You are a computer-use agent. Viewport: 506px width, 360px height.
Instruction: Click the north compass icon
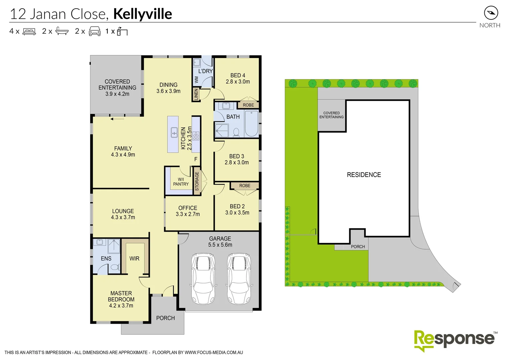(491, 13)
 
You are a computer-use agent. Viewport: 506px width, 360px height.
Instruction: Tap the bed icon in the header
(29, 32)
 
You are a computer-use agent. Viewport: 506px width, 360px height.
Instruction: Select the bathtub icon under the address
(62, 31)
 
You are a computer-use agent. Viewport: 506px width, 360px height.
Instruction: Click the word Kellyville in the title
(142, 14)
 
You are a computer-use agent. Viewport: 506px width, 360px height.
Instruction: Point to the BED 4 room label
(237, 75)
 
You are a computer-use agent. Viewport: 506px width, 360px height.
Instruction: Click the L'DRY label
(205, 71)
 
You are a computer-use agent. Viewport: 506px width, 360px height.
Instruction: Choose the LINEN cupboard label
(196, 94)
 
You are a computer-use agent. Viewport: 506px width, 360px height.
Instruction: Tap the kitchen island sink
(174, 132)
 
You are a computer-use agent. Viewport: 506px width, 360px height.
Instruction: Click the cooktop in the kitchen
(196, 136)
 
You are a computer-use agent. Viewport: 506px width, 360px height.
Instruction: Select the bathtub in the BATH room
(251, 123)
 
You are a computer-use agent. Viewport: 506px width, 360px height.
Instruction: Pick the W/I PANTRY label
(181, 182)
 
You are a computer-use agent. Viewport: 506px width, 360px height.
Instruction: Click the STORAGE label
(197, 181)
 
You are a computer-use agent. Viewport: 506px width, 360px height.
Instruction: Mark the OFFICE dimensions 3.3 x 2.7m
(188, 214)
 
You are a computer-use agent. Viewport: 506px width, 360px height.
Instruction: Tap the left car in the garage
(203, 278)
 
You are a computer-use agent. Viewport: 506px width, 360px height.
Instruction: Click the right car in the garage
(238, 278)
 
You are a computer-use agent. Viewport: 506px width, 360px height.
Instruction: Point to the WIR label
(134, 258)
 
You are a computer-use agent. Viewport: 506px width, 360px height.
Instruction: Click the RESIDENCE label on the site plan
(364, 175)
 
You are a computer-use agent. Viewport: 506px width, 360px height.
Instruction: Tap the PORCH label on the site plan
(358, 247)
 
